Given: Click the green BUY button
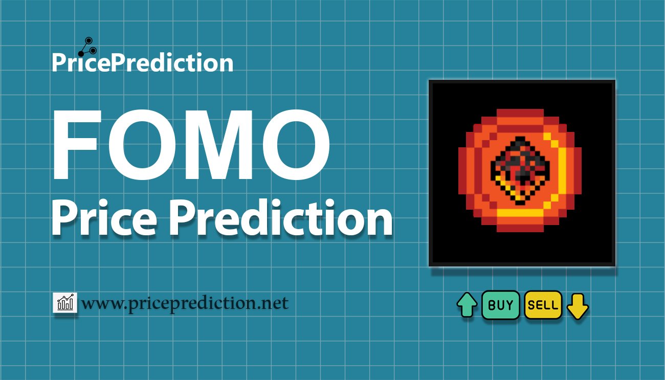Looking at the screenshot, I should (501, 305).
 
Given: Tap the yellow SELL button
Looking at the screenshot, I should (543, 305).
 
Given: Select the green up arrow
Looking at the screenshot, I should (467, 305).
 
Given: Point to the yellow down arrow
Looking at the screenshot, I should (578, 305).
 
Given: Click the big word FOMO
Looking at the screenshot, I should (190, 146).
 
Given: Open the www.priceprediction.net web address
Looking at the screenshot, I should (185, 304).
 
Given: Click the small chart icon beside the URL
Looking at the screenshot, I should (65, 303).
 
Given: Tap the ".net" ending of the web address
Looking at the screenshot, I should (273, 304).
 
